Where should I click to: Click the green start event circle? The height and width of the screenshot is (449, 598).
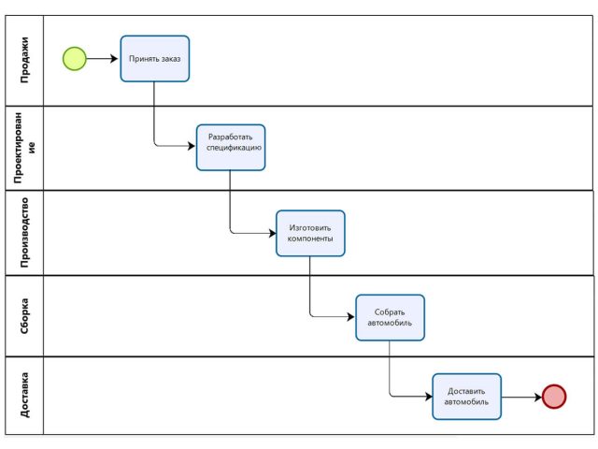pos(75,59)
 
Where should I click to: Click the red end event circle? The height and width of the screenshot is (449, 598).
pos(554,397)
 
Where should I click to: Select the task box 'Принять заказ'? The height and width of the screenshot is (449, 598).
pos(155,59)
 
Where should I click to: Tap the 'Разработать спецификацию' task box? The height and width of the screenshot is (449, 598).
pos(231,148)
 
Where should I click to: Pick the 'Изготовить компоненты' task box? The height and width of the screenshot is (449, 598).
pos(310,233)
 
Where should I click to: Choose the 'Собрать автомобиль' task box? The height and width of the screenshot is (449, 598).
pos(391,318)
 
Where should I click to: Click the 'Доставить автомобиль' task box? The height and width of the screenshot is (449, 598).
pos(467,397)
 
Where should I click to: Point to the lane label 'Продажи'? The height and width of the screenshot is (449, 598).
pos(24,60)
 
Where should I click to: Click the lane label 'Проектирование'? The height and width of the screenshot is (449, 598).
pos(24,148)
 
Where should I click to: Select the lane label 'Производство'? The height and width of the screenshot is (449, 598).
pos(24,233)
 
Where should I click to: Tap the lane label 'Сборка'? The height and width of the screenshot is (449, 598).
pos(24,316)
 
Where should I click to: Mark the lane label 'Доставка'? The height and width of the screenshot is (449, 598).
pos(24,395)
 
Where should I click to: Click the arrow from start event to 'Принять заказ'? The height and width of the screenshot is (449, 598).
pos(102,59)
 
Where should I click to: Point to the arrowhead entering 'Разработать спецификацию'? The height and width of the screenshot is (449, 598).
pos(192,146)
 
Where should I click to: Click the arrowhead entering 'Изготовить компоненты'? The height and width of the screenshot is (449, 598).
pos(272,233)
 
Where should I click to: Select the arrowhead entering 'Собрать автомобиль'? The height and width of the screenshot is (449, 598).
pos(351,316)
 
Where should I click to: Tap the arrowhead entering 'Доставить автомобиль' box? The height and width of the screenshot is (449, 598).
pos(429,397)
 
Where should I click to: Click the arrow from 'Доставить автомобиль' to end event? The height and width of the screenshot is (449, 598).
pos(521,397)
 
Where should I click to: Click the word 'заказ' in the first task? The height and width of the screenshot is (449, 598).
pos(170,59)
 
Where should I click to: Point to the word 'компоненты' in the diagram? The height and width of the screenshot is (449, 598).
pos(310,239)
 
